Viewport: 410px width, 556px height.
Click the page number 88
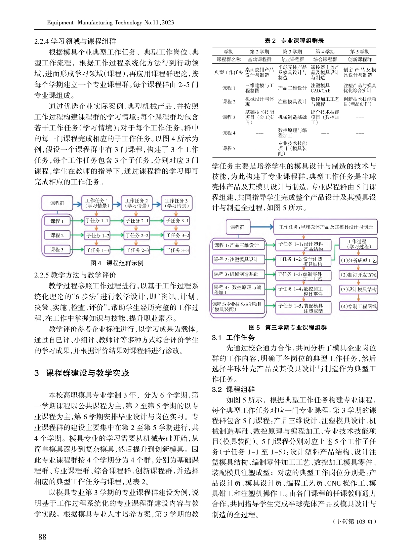click(42, 537)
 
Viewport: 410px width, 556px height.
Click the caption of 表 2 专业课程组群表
click(294, 41)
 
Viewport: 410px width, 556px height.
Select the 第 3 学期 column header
click(292, 52)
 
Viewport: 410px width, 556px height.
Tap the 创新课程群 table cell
click(360, 59)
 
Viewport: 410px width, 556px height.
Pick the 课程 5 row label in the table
click(229, 149)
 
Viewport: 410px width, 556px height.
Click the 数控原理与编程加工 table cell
click(292, 133)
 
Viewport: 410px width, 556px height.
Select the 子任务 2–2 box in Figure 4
click(137, 236)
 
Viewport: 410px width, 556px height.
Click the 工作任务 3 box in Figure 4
click(176, 203)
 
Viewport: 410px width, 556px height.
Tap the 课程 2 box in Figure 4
click(57, 236)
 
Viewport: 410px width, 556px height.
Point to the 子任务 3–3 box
click(177, 250)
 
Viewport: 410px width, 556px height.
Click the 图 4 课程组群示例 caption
click(117, 263)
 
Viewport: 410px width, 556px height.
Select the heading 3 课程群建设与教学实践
click(82, 373)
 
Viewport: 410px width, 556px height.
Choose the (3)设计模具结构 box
click(358, 289)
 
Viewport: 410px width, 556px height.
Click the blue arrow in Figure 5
click(262, 227)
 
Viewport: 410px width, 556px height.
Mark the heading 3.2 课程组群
click(233, 389)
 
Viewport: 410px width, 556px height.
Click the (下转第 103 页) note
click(354, 522)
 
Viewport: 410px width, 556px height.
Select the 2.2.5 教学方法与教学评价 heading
click(75, 275)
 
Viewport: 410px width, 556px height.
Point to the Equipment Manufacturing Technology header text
click(110, 22)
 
